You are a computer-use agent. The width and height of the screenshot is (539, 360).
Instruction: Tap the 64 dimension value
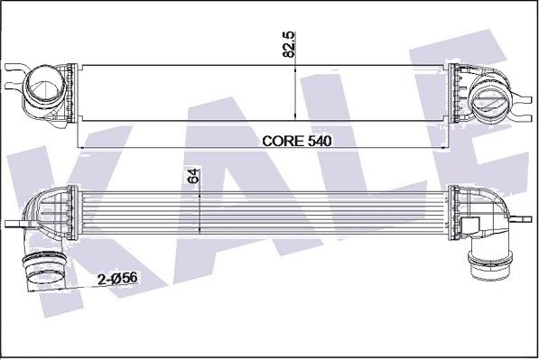coord(192,175)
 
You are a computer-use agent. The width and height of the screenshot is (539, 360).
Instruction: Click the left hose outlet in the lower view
coord(42,273)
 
